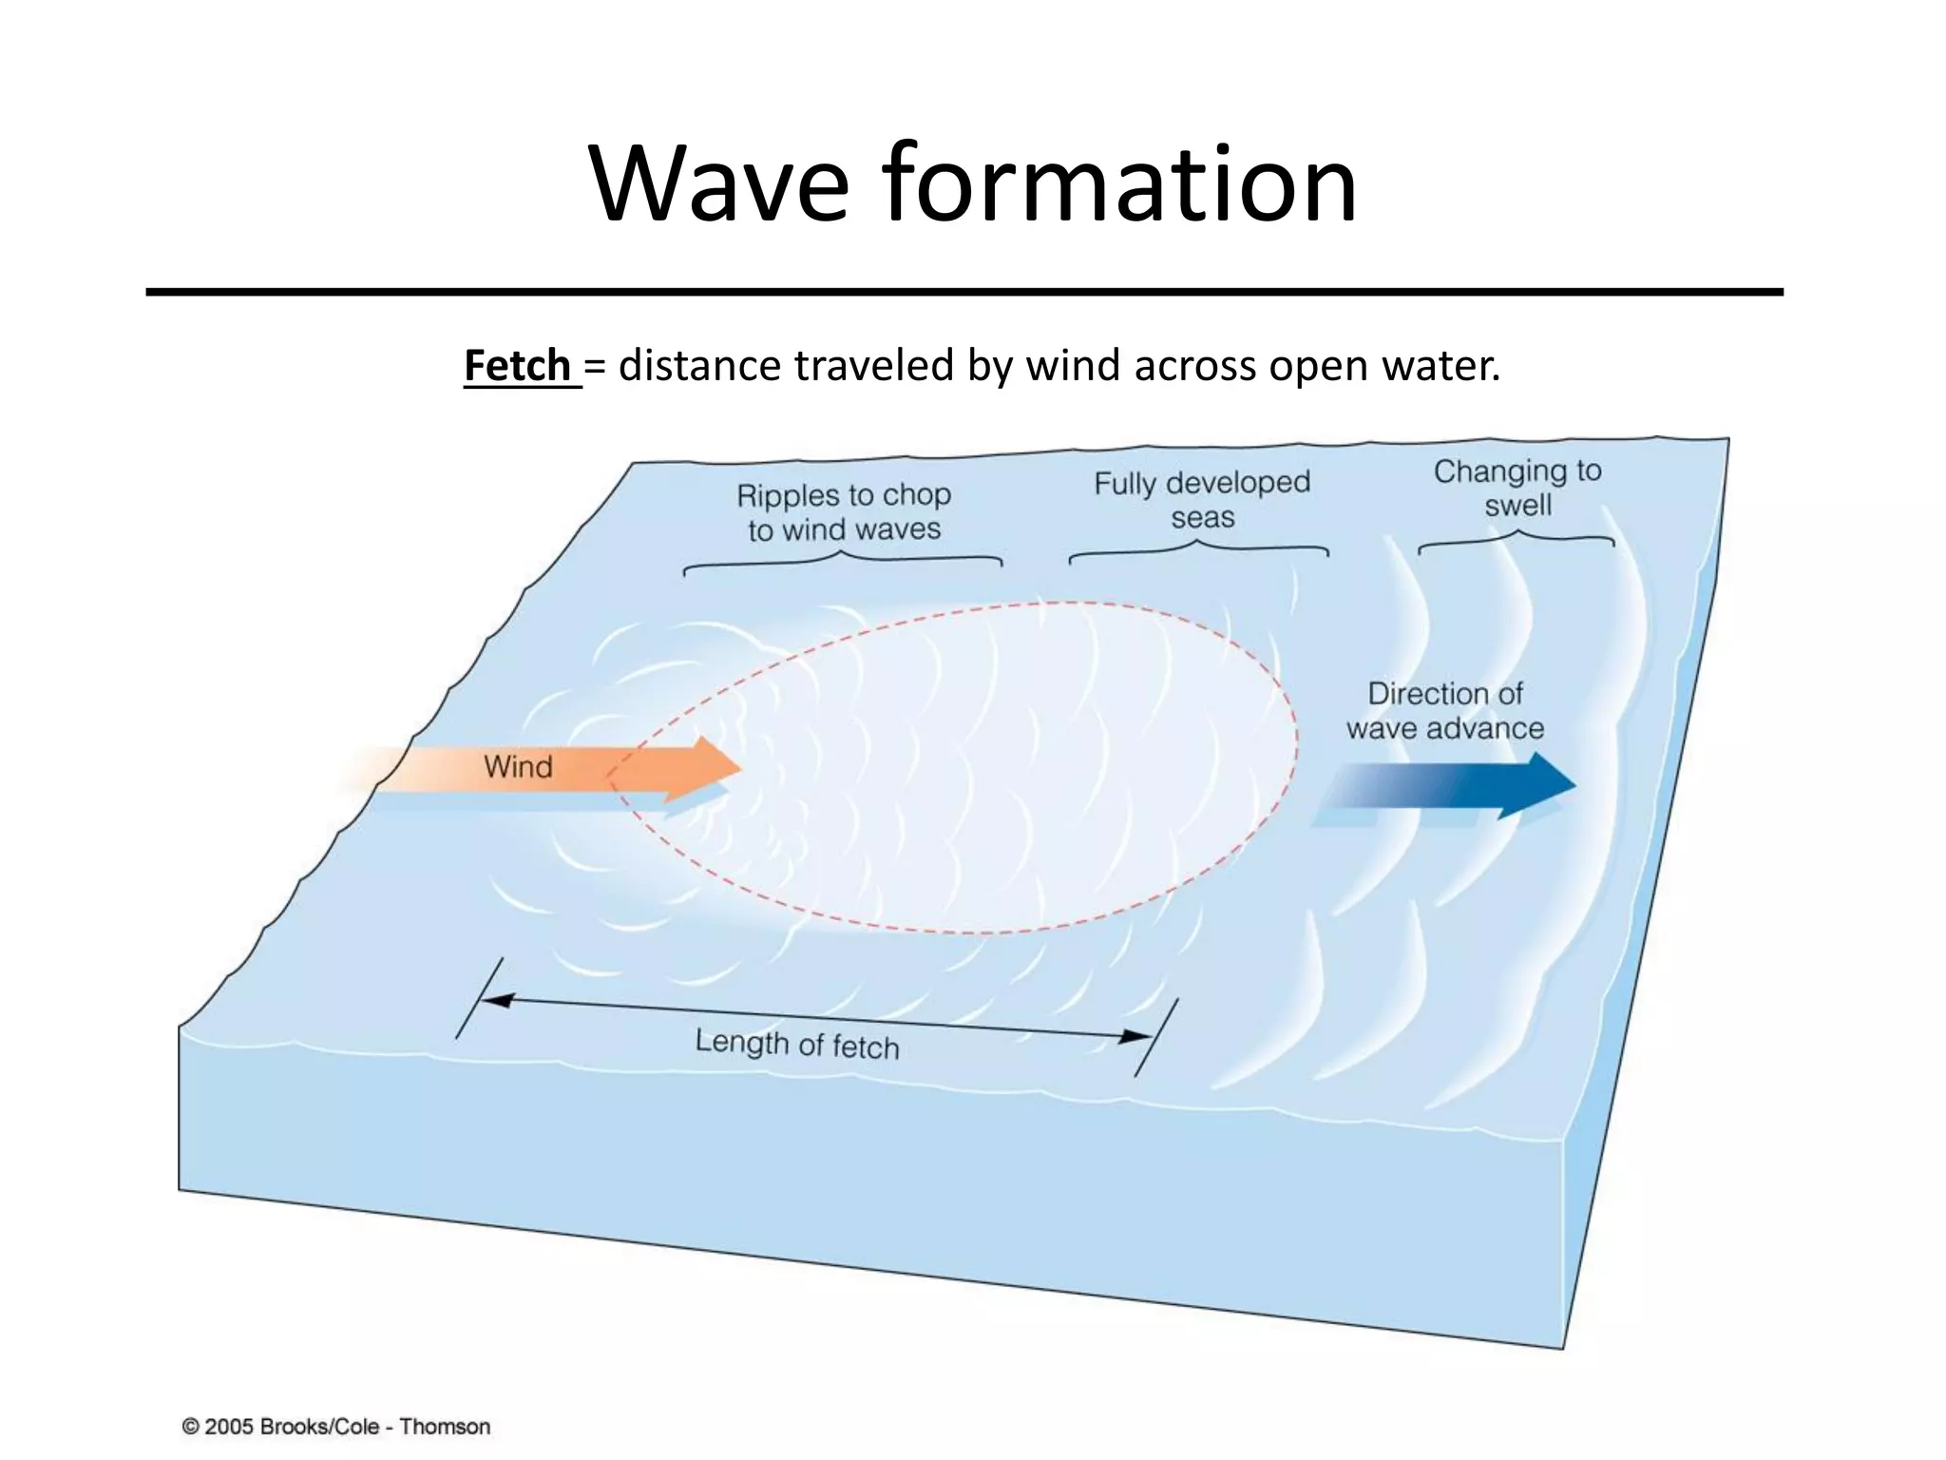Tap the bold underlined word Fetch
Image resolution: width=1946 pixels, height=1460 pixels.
518,366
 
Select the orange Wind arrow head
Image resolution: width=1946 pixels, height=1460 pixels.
713,766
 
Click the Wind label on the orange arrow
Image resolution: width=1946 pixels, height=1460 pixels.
518,766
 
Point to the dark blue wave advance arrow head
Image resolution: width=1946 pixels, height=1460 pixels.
1545,784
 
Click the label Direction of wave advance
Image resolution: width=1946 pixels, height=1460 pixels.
1444,711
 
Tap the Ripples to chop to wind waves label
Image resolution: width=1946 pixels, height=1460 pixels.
844,512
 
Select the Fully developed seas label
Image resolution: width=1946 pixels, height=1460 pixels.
1202,500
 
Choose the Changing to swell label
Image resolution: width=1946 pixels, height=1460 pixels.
1517,488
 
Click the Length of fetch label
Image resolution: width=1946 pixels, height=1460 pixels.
796,1044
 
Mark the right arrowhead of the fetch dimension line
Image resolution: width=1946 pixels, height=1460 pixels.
1135,1036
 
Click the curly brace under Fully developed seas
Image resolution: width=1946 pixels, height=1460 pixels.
1198,550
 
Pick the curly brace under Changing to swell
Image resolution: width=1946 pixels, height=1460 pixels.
1517,539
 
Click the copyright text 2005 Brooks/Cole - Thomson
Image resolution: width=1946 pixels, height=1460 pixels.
336,1427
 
